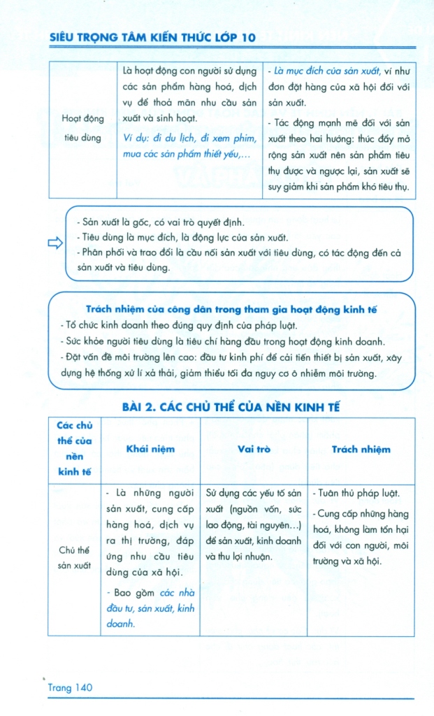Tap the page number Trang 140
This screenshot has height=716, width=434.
click(70, 688)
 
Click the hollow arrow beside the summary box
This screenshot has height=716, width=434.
click(55, 243)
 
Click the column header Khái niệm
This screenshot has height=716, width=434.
click(150, 450)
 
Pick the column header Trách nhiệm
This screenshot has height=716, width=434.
click(361, 450)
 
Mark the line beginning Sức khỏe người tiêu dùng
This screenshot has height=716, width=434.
click(222, 342)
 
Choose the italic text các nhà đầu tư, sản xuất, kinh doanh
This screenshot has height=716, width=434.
click(151, 608)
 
